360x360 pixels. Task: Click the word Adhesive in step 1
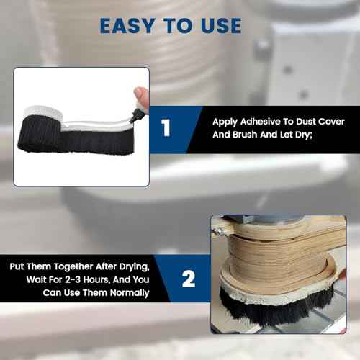tap(262, 122)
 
